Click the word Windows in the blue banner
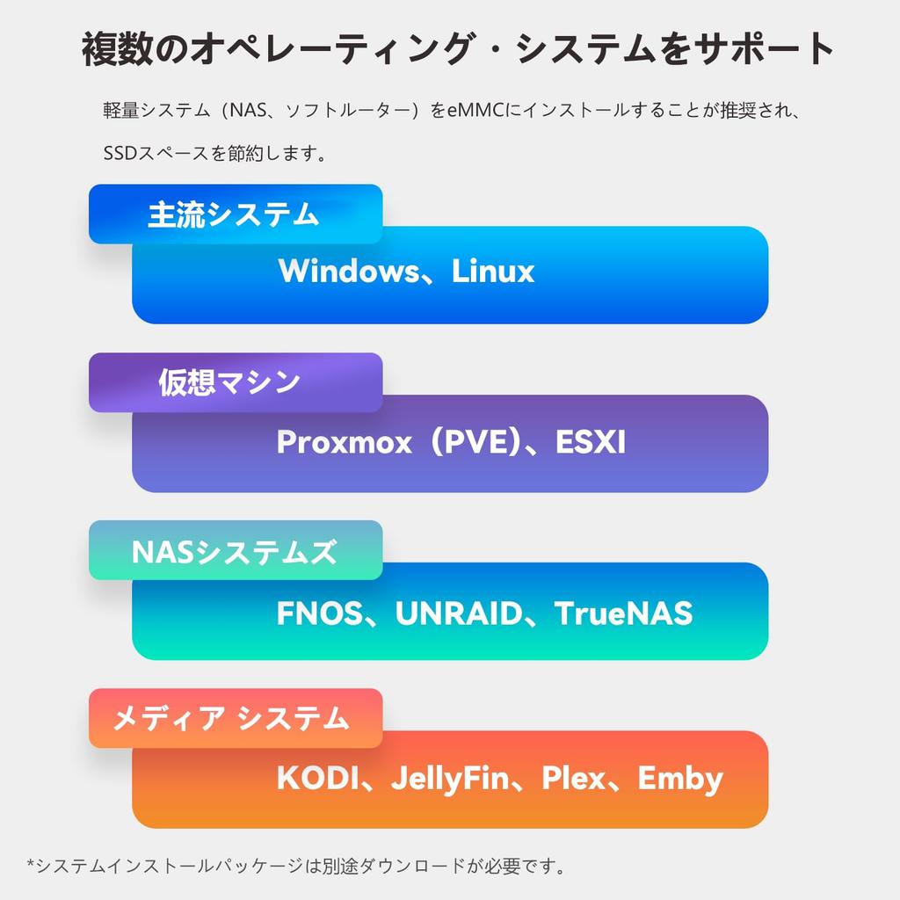pyautogui.click(x=349, y=271)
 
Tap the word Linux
pyautogui.click(x=493, y=271)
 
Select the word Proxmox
pyautogui.click(x=345, y=442)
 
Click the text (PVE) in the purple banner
pyautogui.click(x=476, y=442)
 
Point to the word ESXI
pyautogui.click(x=591, y=442)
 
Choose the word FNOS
pyautogui.click(x=320, y=613)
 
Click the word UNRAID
pyautogui.click(x=459, y=613)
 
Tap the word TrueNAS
pyautogui.click(x=624, y=613)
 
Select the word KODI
pyautogui.click(x=317, y=779)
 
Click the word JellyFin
pyautogui.click(x=451, y=780)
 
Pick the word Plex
pyautogui.click(x=574, y=779)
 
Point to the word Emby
pyautogui.click(x=681, y=780)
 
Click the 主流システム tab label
pyautogui.click(x=234, y=214)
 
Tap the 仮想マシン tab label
pyautogui.click(x=229, y=382)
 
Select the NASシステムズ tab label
pyautogui.click(x=234, y=552)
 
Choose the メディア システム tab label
pyautogui.click(x=231, y=719)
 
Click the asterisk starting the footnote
pyautogui.click(x=31, y=863)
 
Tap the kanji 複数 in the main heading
pyautogui.click(x=118, y=49)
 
